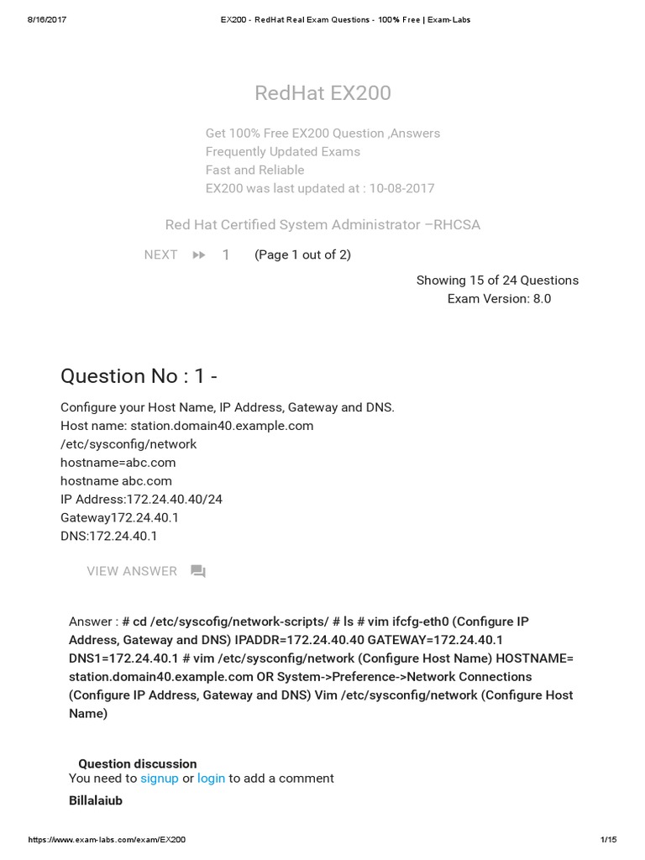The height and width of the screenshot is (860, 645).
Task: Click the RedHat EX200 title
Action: pos(322,93)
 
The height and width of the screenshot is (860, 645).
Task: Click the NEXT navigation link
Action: pos(160,255)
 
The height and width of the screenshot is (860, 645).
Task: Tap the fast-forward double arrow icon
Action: pos(199,255)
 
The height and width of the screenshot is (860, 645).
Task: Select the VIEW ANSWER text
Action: pos(132,571)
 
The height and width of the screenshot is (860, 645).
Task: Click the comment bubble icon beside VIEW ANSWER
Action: pos(198,572)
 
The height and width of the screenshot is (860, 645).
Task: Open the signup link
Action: pos(160,779)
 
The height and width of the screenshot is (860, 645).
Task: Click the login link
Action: pos(211,779)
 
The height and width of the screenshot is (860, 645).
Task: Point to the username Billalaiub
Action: pos(96,801)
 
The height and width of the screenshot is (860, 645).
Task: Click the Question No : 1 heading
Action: pos(139,376)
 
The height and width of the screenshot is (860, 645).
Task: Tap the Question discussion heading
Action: pos(138,763)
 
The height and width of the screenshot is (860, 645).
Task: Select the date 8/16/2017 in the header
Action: pos(47,19)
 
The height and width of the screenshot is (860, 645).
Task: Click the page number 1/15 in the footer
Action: pos(609,840)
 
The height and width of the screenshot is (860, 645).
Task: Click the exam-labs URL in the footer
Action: pos(107,840)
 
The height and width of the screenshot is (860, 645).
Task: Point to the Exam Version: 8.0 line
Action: pos(499,299)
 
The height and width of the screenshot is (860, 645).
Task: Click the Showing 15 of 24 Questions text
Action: pos(497,281)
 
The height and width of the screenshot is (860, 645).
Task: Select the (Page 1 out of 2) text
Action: pos(302,255)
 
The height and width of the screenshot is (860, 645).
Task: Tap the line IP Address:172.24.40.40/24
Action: pos(141,500)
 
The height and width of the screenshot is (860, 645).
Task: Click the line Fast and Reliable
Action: pos(254,170)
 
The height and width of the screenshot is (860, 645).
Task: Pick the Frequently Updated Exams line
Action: pos(282,152)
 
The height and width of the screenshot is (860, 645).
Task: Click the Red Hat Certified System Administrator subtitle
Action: pos(322,225)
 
